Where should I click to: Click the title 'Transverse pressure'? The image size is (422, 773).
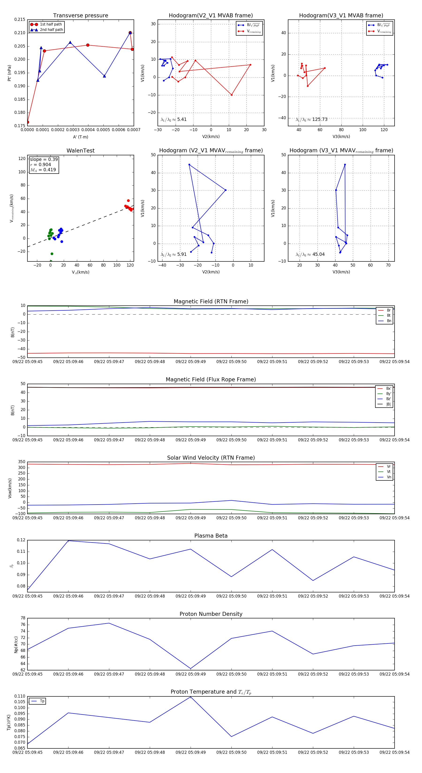coord(80,16)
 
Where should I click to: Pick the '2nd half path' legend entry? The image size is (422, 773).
coord(51,30)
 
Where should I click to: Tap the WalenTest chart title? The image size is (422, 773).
coord(80,151)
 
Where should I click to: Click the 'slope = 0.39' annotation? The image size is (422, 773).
coord(44,159)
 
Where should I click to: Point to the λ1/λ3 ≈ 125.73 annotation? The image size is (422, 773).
coord(312,119)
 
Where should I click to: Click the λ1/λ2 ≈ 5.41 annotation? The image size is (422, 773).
coord(173,119)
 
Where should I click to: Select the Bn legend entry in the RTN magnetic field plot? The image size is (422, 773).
coord(389,321)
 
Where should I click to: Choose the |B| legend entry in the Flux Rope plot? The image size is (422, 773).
coord(388,404)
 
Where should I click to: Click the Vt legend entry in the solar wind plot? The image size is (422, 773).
coord(389,472)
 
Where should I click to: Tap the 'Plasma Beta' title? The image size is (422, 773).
coord(211,536)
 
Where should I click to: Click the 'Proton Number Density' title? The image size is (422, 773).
coord(211,614)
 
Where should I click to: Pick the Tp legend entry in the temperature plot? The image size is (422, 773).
coord(42,701)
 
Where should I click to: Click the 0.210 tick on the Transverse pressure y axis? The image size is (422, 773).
coord(20,33)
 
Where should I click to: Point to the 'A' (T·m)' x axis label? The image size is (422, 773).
coord(80,137)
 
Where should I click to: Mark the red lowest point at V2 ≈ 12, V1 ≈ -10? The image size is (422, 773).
coord(232,95)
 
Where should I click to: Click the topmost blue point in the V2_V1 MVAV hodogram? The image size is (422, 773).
coord(189,164)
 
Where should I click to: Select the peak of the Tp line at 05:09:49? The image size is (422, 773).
coord(190,697)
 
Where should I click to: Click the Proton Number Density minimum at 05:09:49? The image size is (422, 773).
coord(190,669)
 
